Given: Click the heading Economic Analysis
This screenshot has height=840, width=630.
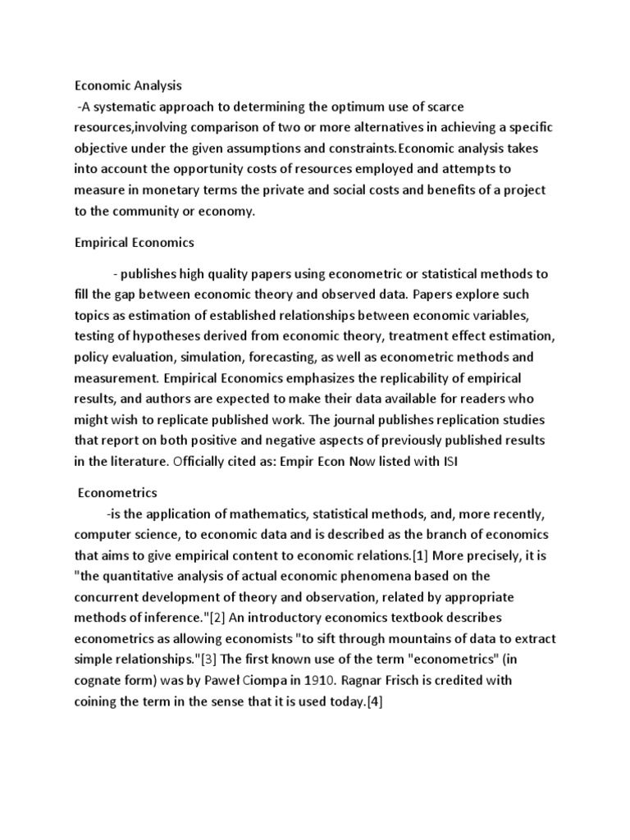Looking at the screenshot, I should pyautogui.click(x=129, y=85).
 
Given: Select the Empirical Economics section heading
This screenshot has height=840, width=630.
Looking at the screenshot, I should pyautogui.click(x=135, y=242).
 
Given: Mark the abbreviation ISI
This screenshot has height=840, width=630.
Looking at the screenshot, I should pyautogui.click(x=445, y=462).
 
